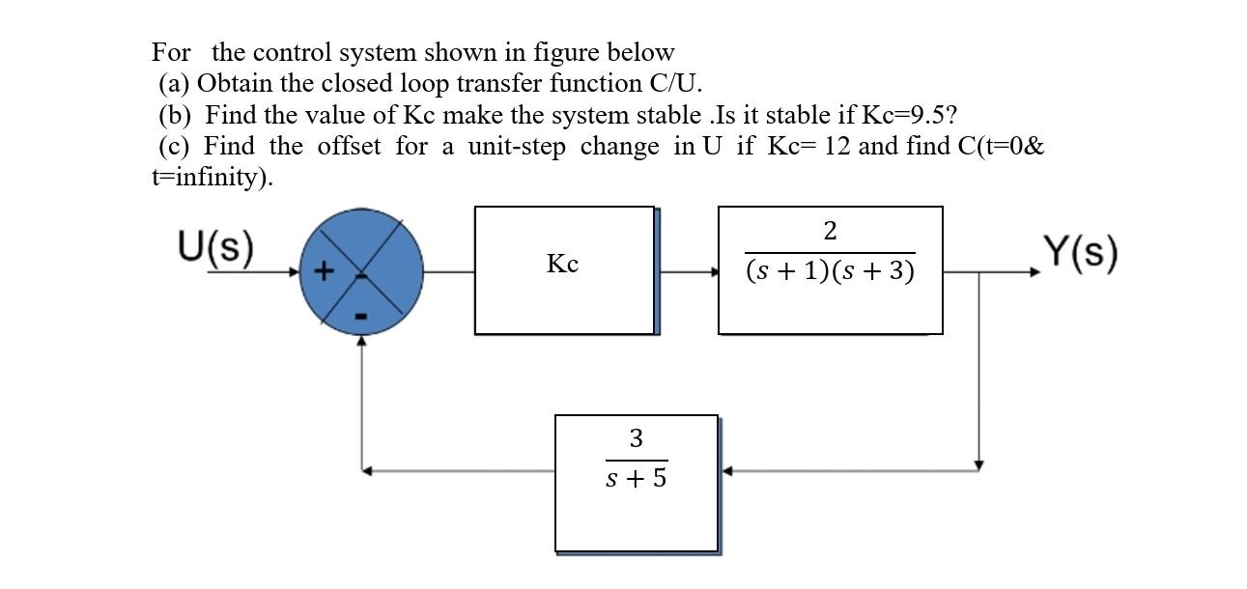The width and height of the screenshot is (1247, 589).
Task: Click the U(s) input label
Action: pos(216,249)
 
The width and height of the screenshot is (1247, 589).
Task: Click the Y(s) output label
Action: pos(1081,253)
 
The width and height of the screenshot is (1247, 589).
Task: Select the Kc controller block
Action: pos(562,265)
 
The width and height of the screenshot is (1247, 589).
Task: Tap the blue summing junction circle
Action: pos(362,273)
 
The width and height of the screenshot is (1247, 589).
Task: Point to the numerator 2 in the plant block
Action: pos(830,232)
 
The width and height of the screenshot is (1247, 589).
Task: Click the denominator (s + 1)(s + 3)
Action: pos(830,272)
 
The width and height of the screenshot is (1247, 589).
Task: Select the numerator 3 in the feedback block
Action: pos(636,438)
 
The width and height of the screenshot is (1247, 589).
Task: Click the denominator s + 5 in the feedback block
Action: pos(636,477)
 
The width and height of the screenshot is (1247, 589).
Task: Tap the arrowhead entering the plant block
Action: pos(714,272)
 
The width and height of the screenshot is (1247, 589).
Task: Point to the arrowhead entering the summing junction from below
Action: pos(362,341)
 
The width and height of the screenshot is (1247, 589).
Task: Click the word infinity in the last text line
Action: pos(222,178)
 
